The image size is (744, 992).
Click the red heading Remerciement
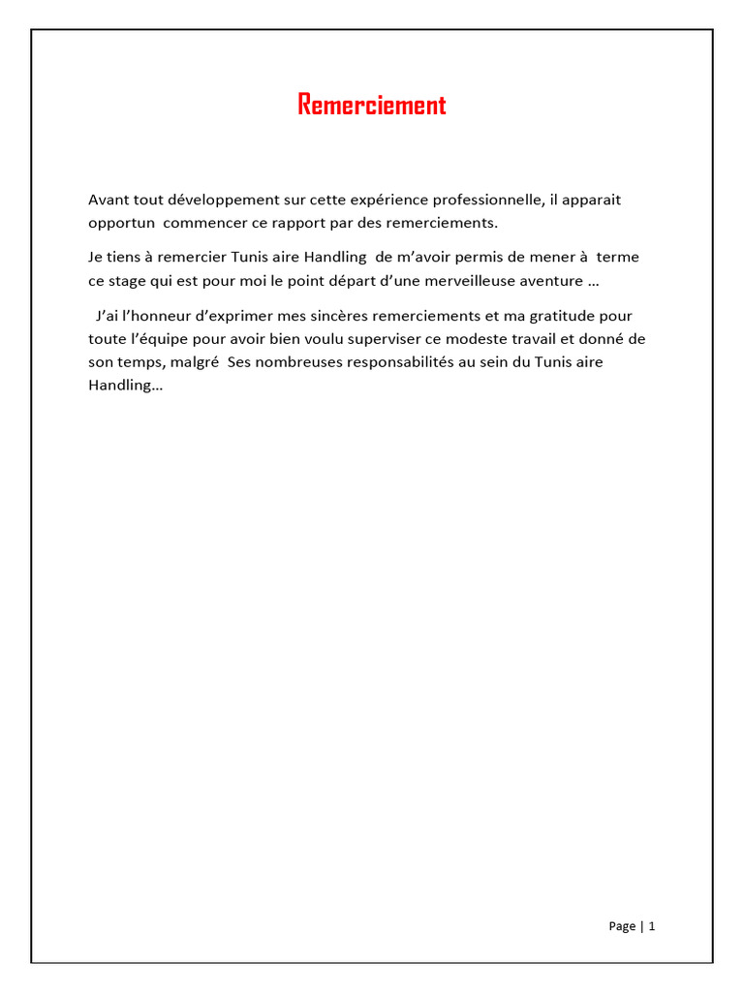pos(372,105)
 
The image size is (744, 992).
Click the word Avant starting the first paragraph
pos(108,200)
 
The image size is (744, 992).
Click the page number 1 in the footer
pos(652,926)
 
